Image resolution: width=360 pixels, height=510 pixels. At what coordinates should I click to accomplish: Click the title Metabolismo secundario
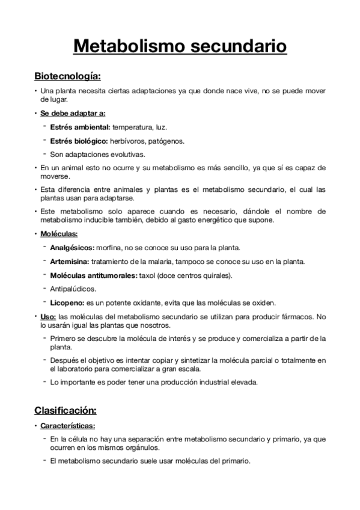coord(180,46)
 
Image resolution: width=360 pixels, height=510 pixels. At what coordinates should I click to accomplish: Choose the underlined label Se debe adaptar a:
coord(73,114)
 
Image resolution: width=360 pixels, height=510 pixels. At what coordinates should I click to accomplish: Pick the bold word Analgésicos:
coord(72,247)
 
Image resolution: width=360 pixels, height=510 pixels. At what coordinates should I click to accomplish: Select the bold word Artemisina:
coord(70,261)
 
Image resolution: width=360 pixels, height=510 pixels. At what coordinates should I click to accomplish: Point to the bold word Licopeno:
coord(67,303)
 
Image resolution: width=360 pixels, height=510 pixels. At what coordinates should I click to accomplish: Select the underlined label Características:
coord(68,425)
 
